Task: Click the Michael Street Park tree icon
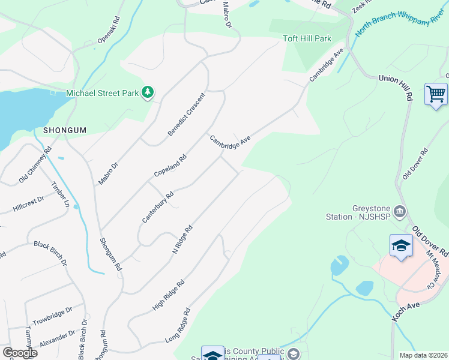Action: click(x=148, y=92)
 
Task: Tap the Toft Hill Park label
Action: click(x=307, y=39)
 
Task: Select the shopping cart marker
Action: click(x=436, y=94)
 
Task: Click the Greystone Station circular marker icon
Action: click(x=400, y=212)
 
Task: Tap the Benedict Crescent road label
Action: click(x=187, y=113)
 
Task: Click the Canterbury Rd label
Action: click(x=157, y=207)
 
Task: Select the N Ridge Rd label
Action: click(x=182, y=239)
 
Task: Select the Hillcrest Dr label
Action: click(x=28, y=205)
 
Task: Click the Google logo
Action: click(x=19, y=352)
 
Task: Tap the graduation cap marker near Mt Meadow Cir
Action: click(x=401, y=245)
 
